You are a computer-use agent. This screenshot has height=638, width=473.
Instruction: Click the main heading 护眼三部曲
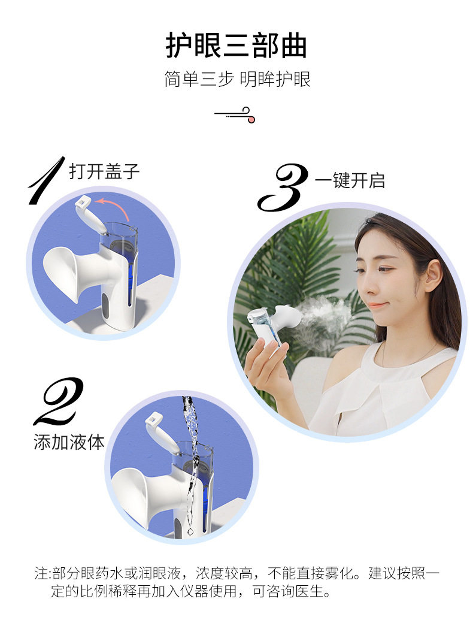point(236,46)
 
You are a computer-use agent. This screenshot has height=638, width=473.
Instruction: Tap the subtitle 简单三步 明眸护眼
point(238,79)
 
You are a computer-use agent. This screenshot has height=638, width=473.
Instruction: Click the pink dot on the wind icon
point(251,119)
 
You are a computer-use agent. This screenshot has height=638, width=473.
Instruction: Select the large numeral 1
point(46,180)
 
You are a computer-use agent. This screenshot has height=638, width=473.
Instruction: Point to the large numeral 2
point(59,401)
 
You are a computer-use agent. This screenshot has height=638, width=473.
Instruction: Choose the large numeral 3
point(283,188)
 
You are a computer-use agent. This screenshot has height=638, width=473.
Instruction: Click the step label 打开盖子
point(104,171)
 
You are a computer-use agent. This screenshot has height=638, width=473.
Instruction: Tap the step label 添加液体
point(69,442)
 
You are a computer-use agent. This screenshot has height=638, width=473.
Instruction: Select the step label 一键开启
point(350,180)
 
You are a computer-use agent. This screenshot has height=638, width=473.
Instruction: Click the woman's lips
point(377,306)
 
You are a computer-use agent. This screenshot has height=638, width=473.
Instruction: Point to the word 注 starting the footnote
point(40,574)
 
